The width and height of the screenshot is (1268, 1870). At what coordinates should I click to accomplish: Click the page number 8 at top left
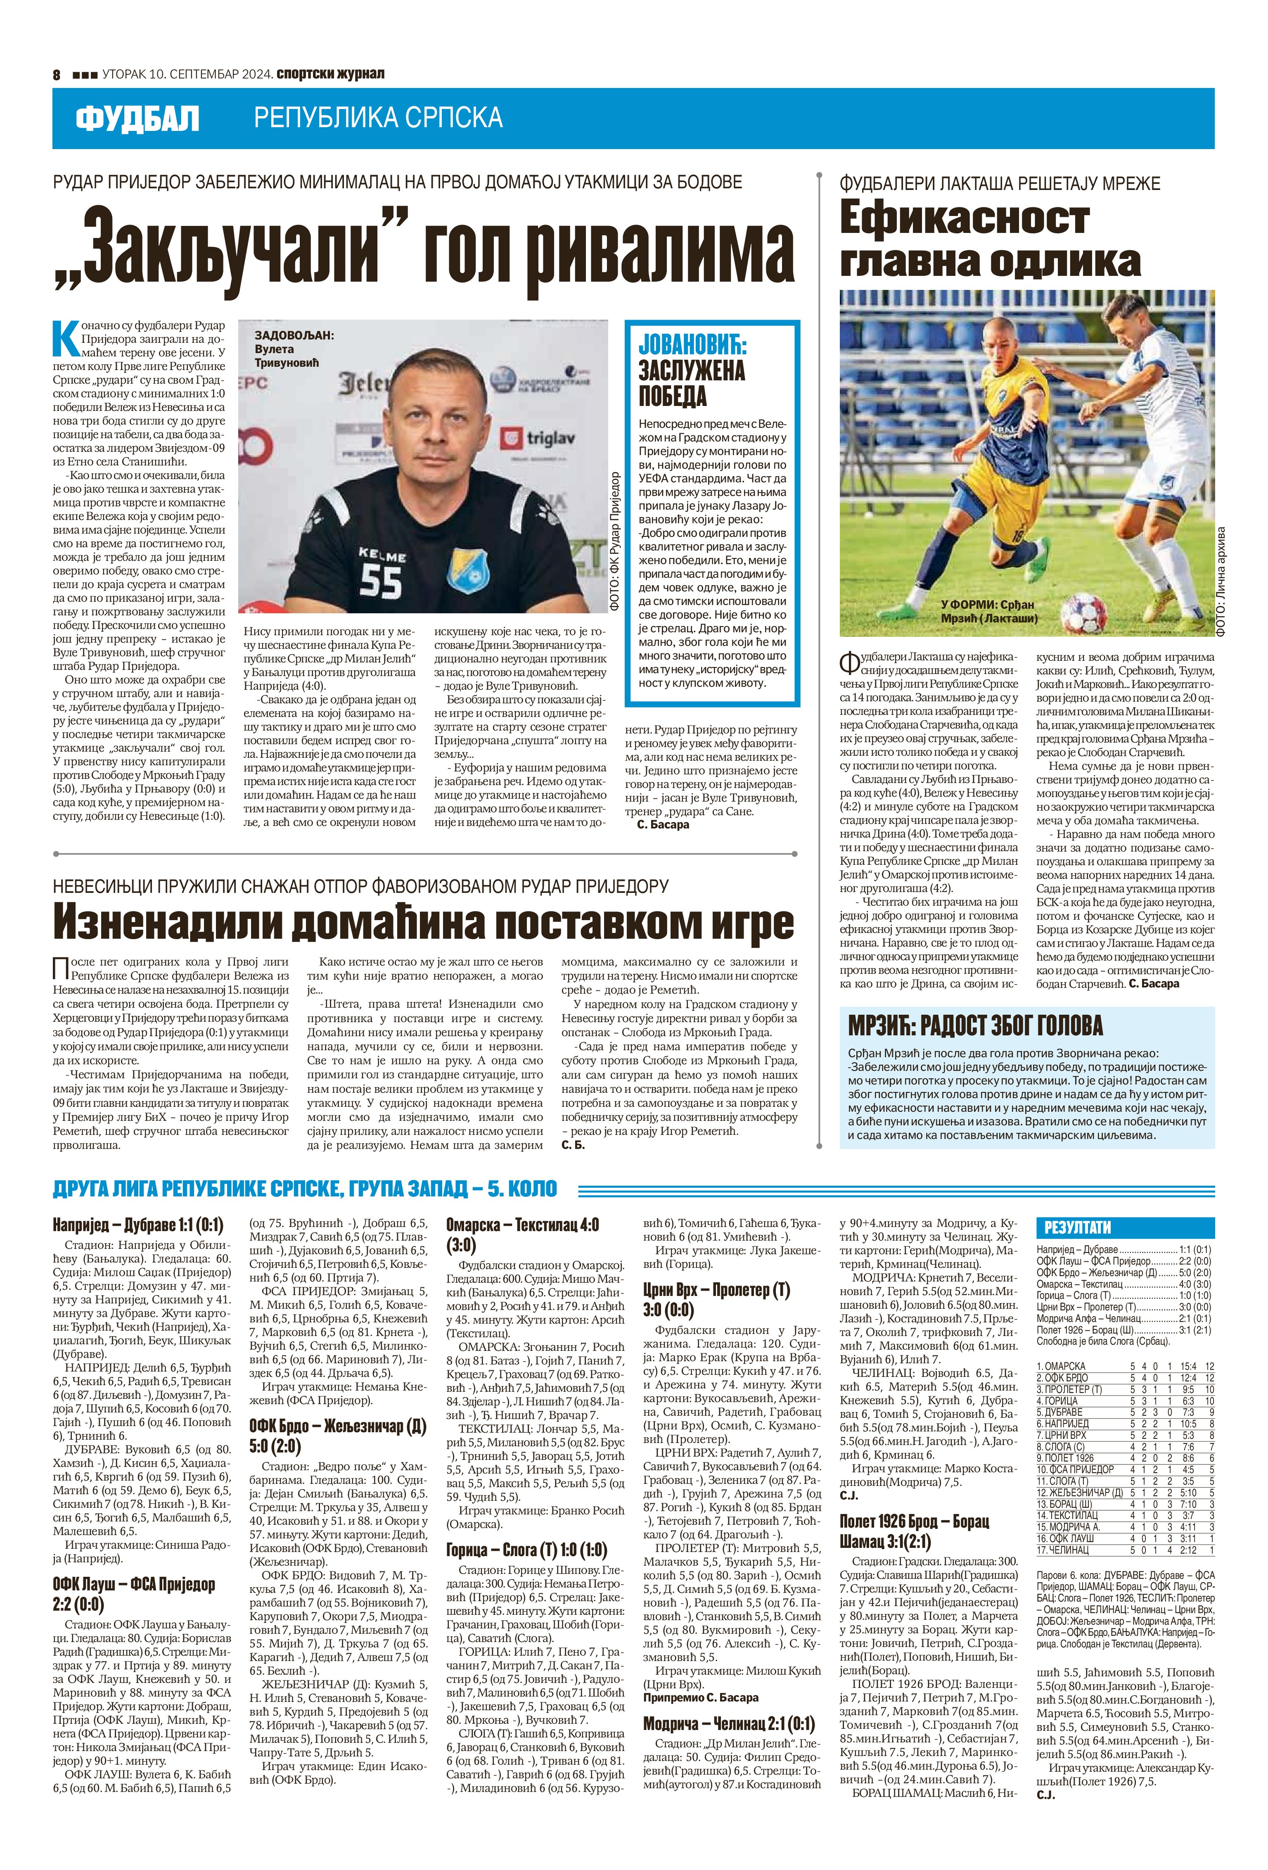coord(57,74)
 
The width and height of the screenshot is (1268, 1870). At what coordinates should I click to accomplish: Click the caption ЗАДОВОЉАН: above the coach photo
coord(294,336)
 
